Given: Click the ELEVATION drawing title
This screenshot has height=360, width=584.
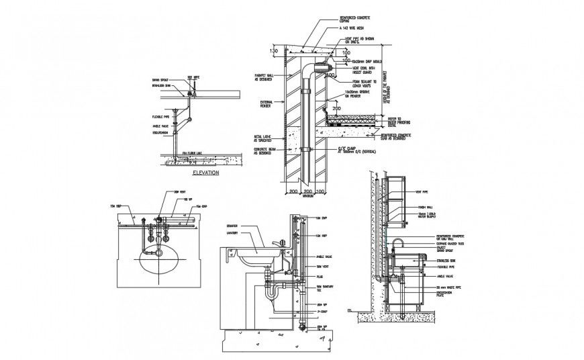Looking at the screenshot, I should [207, 173].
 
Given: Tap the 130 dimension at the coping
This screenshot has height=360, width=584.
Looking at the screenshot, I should [274, 50].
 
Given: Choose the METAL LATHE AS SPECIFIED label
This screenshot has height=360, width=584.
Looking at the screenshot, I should [264, 140].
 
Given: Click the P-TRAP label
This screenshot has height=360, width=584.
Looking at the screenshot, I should [322, 312].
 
